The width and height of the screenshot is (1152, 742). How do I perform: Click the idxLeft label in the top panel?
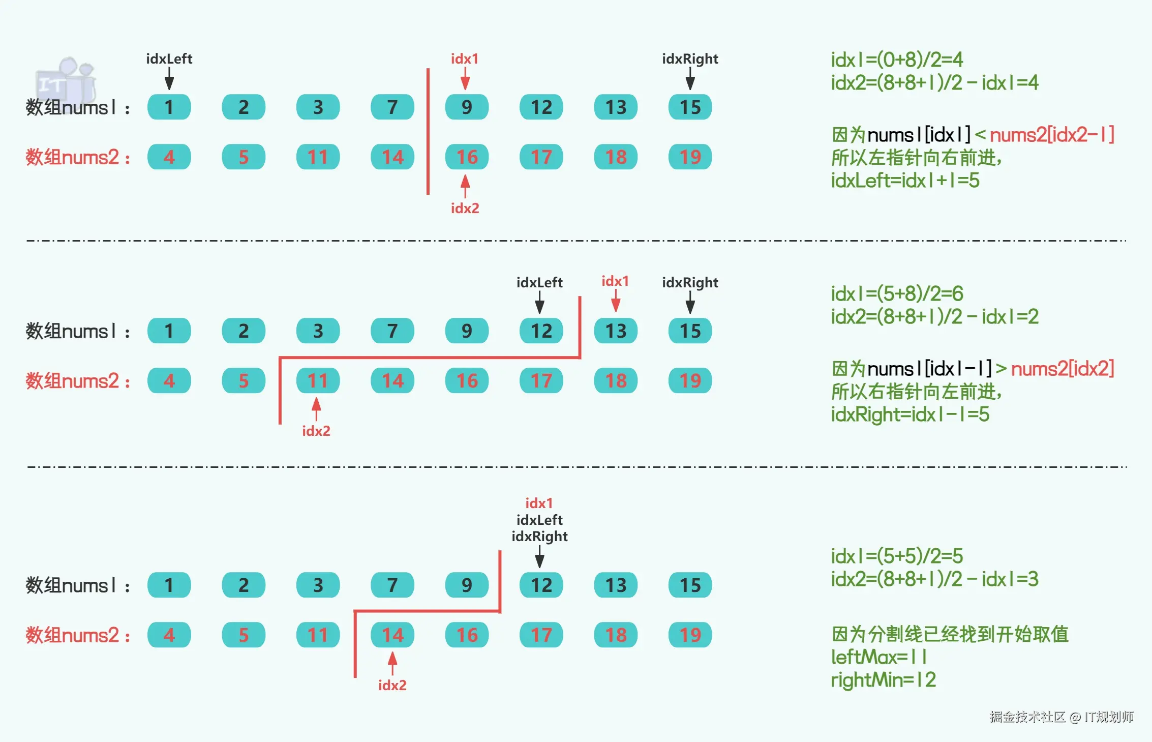pyautogui.click(x=169, y=59)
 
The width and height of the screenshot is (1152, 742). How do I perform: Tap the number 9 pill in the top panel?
pyautogui.click(x=466, y=107)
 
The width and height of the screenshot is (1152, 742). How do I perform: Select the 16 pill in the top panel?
pyautogui.click(x=466, y=157)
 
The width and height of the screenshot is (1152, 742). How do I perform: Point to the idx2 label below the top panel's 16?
pyautogui.click(x=465, y=209)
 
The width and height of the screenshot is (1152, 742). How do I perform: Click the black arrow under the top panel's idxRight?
pyautogui.click(x=690, y=79)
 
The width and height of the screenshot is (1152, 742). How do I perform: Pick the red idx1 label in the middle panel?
pyautogui.click(x=615, y=281)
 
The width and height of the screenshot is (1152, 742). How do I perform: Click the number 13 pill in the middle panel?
pyautogui.click(x=615, y=331)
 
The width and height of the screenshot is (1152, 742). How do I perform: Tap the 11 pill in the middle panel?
pyautogui.click(x=318, y=381)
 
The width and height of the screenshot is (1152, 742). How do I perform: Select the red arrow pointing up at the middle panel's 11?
pyautogui.click(x=316, y=409)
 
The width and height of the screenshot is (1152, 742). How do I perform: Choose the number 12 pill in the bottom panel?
pyautogui.click(x=541, y=585)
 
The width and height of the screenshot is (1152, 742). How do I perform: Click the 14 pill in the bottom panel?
pyautogui.click(x=392, y=635)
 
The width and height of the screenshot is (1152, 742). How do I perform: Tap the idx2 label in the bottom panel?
pyautogui.click(x=392, y=686)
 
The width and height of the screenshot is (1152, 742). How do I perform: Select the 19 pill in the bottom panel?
pyautogui.click(x=690, y=635)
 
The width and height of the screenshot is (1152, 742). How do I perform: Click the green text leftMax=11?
pyautogui.click(x=879, y=657)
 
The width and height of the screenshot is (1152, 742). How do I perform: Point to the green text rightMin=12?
pyautogui.click(x=883, y=680)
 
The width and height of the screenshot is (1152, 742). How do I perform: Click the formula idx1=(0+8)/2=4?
pyautogui.click(x=897, y=60)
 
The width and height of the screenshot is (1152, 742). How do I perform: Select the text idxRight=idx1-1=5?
pyautogui.click(x=910, y=414)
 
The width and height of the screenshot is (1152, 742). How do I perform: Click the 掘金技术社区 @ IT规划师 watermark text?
pyautogui.click(x=1061, y=717)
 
